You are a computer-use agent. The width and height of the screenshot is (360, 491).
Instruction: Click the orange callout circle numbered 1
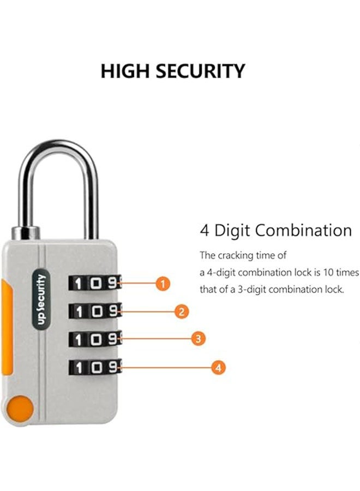(162, 283)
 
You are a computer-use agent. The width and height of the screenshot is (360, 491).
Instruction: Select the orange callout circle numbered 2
(181, 312)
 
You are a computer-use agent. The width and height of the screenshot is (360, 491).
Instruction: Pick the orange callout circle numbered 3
(199, 339)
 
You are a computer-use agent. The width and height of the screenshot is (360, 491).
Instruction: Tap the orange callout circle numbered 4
(218, 368)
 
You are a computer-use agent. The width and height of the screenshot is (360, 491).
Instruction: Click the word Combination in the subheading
(304, 230)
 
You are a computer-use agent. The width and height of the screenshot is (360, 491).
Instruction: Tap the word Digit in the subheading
(233, 230)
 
